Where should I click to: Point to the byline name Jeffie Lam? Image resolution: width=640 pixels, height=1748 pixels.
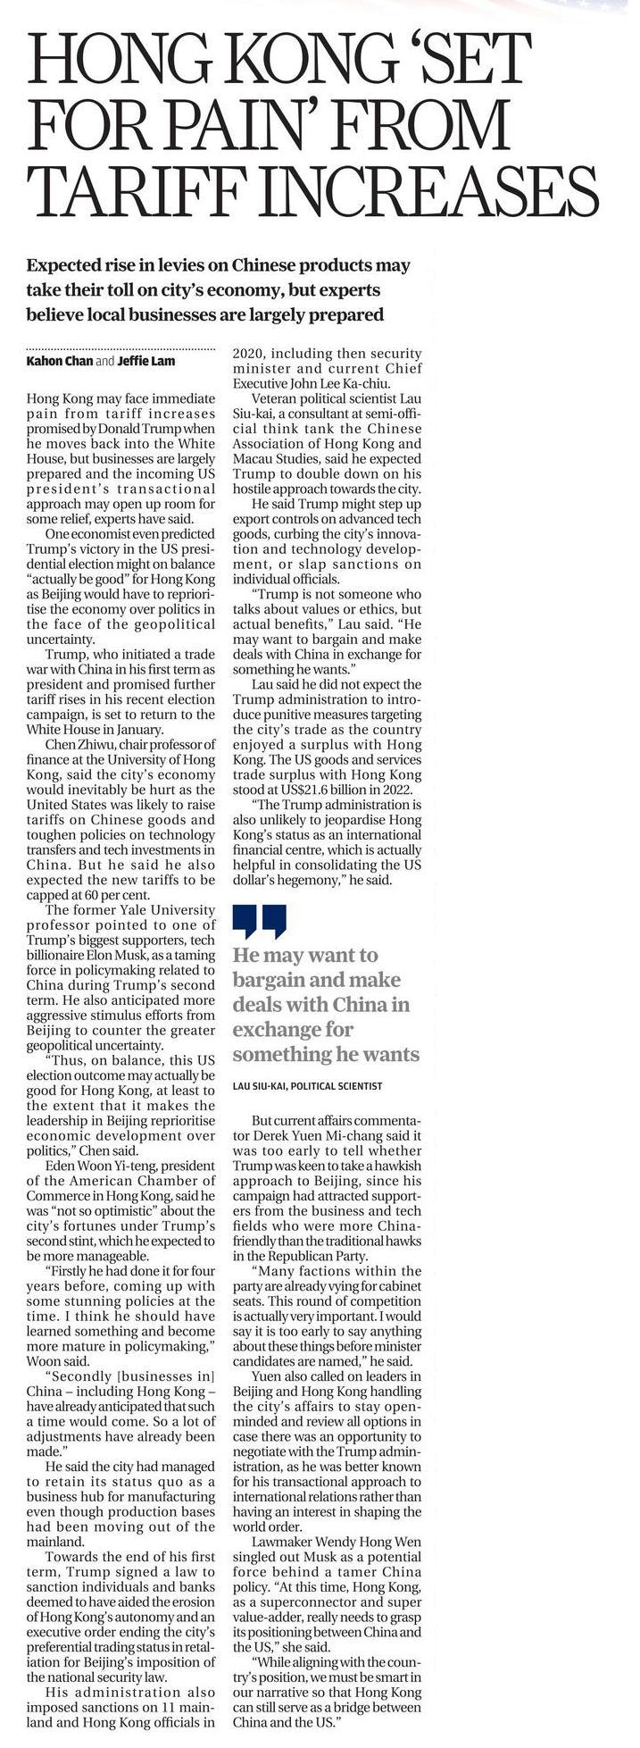(x=153, y=361)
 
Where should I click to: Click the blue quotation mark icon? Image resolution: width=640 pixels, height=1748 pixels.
(x=260, y=922)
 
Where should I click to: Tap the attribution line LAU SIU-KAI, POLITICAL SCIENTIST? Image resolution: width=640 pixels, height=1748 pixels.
(x=307, y=1086)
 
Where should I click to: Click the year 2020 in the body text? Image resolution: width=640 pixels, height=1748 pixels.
(x=251, y=353)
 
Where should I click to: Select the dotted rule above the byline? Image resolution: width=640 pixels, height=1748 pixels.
(x=121, y=347)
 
